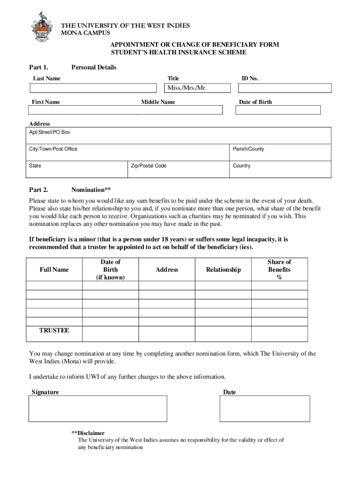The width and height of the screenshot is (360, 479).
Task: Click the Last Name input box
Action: [94, 88]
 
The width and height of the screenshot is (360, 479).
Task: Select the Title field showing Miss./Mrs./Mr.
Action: [196, 88]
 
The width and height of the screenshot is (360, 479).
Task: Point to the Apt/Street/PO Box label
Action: [50, 132]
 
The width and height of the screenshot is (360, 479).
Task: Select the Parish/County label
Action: [248, 149]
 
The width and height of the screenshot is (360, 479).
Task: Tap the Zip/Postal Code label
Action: [149, 166]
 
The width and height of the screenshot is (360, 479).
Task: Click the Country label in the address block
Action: [242, 166]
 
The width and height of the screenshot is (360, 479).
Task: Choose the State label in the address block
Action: [35, 166]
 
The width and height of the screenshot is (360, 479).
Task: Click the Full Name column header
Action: [54, 269]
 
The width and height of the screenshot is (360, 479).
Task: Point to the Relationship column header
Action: [223, 269]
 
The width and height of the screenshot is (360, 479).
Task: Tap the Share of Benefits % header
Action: [280, 269]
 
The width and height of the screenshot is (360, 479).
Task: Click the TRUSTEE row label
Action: [54, 331]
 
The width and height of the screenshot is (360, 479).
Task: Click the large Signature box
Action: [98, 408]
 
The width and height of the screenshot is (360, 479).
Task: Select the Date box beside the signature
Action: [265, 408]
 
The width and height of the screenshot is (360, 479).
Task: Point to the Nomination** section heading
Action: [91, 190]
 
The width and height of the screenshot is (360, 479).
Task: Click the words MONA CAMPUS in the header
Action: [86, 33]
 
